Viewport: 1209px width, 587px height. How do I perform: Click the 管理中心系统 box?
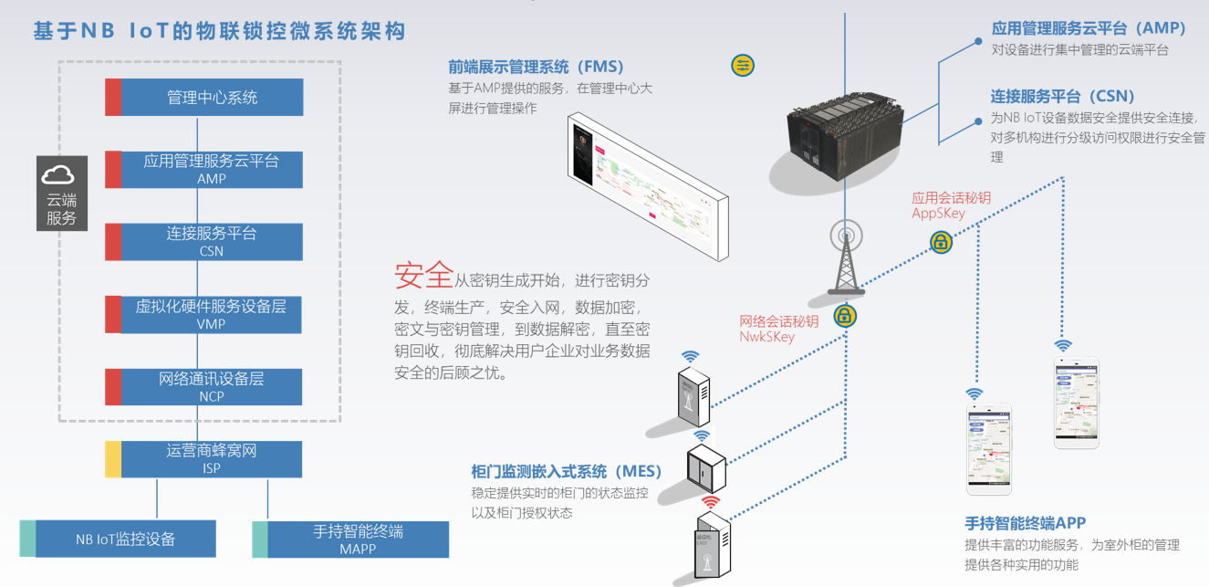click(x=212, y=98)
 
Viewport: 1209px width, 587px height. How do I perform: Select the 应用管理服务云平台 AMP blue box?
click(x=212, y=169)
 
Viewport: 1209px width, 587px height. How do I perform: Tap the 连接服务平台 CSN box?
click(x=212, y=242)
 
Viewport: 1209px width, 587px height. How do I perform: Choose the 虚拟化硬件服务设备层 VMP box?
click(x=212, y=314)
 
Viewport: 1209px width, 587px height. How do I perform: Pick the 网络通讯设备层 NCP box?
click(x=212, y=386)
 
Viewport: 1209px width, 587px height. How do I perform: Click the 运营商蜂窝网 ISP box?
click(x=212, y=459)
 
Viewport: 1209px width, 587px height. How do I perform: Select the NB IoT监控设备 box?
click(x=125, y=539)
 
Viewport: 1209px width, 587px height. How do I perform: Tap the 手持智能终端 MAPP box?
click(x=358, y=540)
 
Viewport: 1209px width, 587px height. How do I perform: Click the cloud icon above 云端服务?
click(x=62, y=174)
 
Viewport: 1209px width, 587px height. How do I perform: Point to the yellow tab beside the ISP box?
click(x=113, y=459)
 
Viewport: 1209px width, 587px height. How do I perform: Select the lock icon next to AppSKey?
click(x=941, y=242)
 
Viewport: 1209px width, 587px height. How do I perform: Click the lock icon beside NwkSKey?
click(x=846, y=317)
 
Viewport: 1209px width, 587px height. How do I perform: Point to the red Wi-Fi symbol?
click(x=710, y=501)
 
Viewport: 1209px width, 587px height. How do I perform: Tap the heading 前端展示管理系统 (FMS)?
click(x=536, y=67)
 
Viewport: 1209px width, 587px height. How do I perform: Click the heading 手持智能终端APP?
click(x=1025, y=523)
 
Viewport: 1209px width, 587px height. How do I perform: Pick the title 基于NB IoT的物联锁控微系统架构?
click(x=219, y=31)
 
